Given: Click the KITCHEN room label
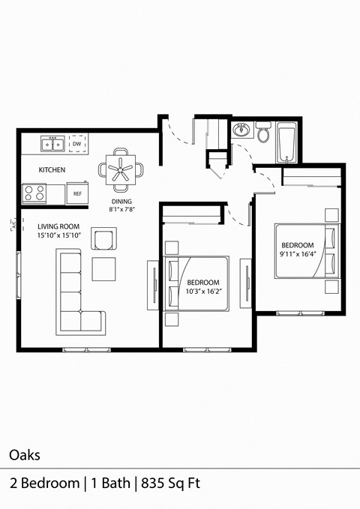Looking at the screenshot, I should (52, 170).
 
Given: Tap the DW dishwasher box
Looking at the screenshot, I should (76, 142).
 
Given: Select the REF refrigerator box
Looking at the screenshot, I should (76, 193).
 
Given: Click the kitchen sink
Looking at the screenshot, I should (51, 139).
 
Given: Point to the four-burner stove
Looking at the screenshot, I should (34, 193).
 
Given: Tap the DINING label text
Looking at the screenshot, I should (121, 202).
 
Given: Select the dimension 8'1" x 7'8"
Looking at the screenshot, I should (121, 211).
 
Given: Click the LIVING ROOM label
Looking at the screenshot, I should (58, 226).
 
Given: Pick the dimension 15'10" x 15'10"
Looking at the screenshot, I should (58, 236).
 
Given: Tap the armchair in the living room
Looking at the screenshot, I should (103, 240).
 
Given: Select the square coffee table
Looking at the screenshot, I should (103, 268).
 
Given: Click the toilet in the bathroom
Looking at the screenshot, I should (263, 134).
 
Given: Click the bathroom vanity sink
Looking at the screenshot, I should (240, 130).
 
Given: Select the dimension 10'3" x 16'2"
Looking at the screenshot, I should (203, 292).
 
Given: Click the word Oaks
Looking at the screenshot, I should (25, 454).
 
